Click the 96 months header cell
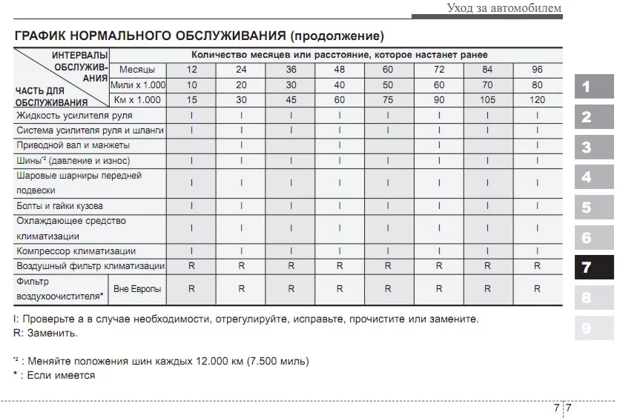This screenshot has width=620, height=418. click(537, 70)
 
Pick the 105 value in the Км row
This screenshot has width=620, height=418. click(487, 100)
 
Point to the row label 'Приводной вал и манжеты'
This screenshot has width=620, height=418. click(73, 145)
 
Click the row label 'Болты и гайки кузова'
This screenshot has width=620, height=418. click(59, 205)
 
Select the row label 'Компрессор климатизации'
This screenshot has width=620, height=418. click(76, 251)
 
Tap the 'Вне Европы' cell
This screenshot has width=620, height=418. click(137, 289)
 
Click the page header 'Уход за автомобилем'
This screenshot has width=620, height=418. click(504, 8)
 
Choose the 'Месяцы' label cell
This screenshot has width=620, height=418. click(137, 70)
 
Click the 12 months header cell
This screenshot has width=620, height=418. click(191, 70)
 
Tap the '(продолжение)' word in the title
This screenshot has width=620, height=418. click(337, 36)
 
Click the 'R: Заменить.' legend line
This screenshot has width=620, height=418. click(45, 333)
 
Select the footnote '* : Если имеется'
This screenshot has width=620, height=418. click(54, 375)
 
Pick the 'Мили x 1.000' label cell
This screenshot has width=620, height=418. click(137, 85)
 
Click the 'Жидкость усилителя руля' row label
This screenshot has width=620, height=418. click(69, 116)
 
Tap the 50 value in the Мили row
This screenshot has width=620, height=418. click(389, 85)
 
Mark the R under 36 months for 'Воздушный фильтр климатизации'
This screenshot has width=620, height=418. click(290, 266)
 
